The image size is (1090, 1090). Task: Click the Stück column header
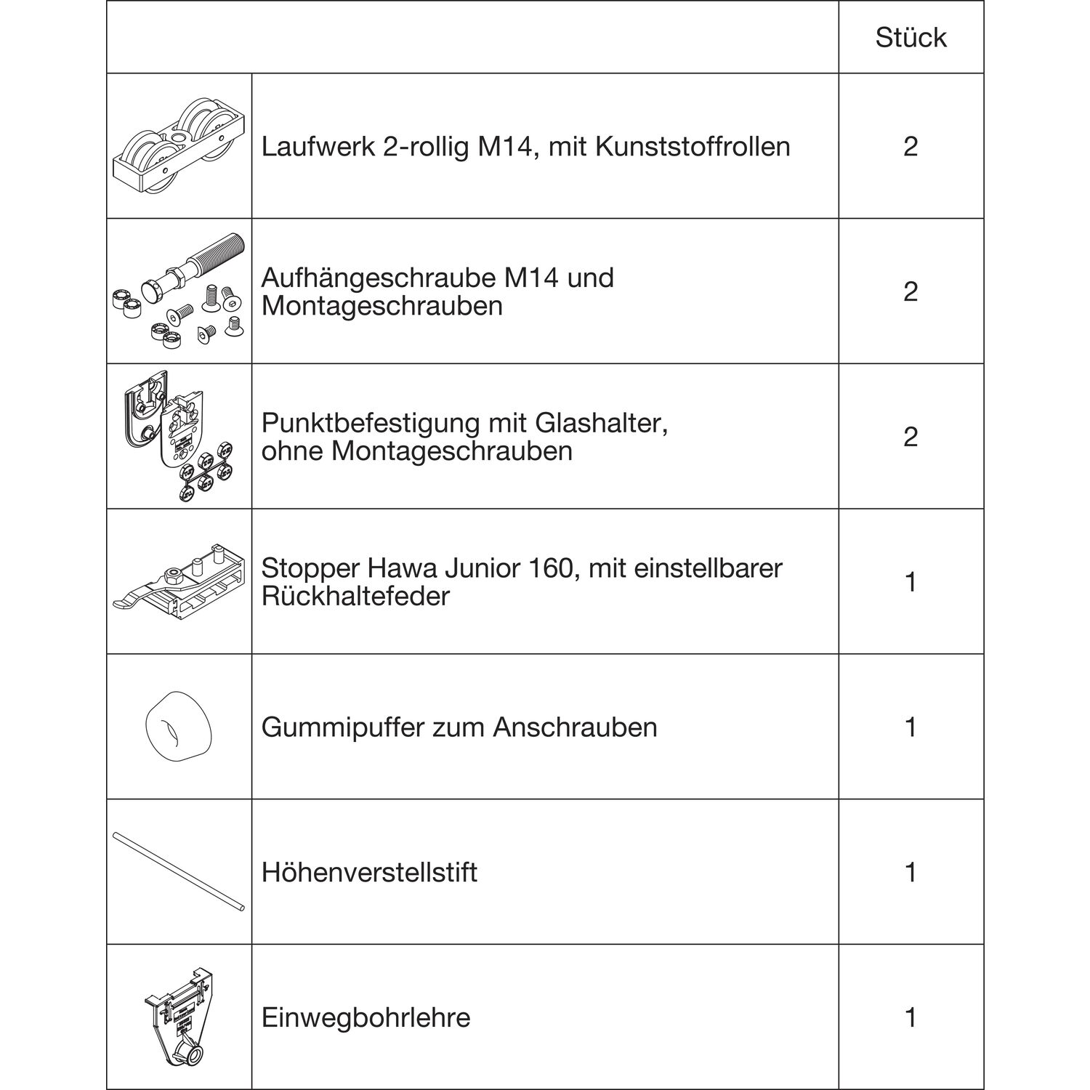[x=911, y=38]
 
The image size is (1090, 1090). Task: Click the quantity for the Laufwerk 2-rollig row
[x=911, y=147]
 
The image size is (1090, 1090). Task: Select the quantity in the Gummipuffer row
[x=911, y=727]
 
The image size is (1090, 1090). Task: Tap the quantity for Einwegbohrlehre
[x=911, y=1017]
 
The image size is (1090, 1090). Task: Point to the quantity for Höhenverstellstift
[x=911, y=872]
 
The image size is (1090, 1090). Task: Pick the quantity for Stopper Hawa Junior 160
[x=911, y=582]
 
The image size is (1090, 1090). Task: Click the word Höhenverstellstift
[x=369, y=872]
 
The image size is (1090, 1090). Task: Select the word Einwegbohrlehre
[x=366, y=1017]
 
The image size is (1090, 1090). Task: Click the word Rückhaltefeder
[x=355, y=597]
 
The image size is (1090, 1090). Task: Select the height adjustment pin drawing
[x=179, y=872]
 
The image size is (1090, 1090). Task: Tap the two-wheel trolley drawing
[x=179, y=145]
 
